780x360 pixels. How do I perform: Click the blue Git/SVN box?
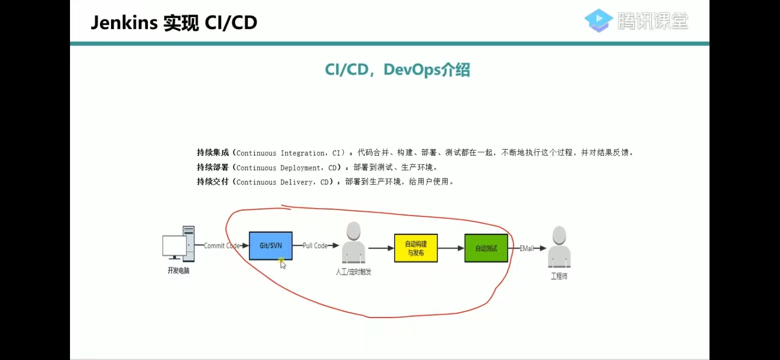point(270,245)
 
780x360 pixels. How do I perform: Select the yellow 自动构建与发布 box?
point(415,248)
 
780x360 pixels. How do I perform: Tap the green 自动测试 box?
point(486,248)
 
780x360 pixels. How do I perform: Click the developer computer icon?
point(178,243)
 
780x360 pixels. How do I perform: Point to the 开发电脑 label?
point(178,271)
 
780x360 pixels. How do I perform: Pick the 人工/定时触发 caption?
point(353,272)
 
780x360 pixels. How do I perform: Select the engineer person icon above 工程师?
point(559,246)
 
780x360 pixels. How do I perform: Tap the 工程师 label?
point(559,276)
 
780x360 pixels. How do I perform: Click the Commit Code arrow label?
point(221,245)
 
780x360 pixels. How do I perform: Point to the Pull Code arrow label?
point(315,245)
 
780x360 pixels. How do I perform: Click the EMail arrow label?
point(526,248)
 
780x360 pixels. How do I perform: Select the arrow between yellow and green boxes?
point(451,248)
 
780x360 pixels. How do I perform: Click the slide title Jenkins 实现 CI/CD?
point(173,23)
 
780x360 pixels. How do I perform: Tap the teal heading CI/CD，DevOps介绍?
point(397,70)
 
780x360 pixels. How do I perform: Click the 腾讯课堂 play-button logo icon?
point(598,20)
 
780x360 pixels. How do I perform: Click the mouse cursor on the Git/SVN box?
point(282,263)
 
